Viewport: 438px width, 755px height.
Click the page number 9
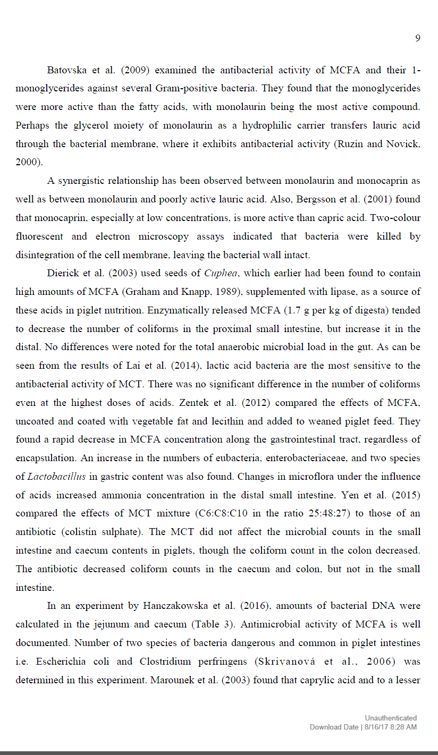(x=417, y=38)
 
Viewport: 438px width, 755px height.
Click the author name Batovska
(x=66, y=70)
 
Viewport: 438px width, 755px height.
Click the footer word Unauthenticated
(x=391, y=718)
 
